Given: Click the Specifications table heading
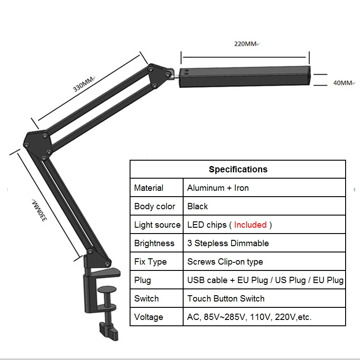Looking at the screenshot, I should (x=238, y=170).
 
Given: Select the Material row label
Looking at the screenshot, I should (x=148, y=188).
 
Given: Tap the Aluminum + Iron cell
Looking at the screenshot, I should (x=218, y=188).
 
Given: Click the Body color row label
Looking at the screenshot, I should (x=154, y=207).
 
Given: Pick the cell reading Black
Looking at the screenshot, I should (x=198, y=207).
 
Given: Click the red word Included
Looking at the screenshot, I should (x=250, y=225).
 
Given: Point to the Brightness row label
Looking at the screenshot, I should (x=154, y=243).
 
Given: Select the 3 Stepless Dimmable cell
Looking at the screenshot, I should (x=228, y=243).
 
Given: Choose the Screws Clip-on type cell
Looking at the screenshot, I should (x=225, y=262).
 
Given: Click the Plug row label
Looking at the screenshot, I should (x=143, y=280).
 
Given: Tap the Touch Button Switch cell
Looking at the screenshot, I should (x=226, y=299).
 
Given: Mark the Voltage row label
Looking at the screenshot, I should (x=148, y=317).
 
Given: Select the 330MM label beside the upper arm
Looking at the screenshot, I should (x=84, y=83).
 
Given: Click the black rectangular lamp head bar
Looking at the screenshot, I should (x=245, y=77).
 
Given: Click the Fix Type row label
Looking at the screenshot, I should (x=150, y=262).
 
